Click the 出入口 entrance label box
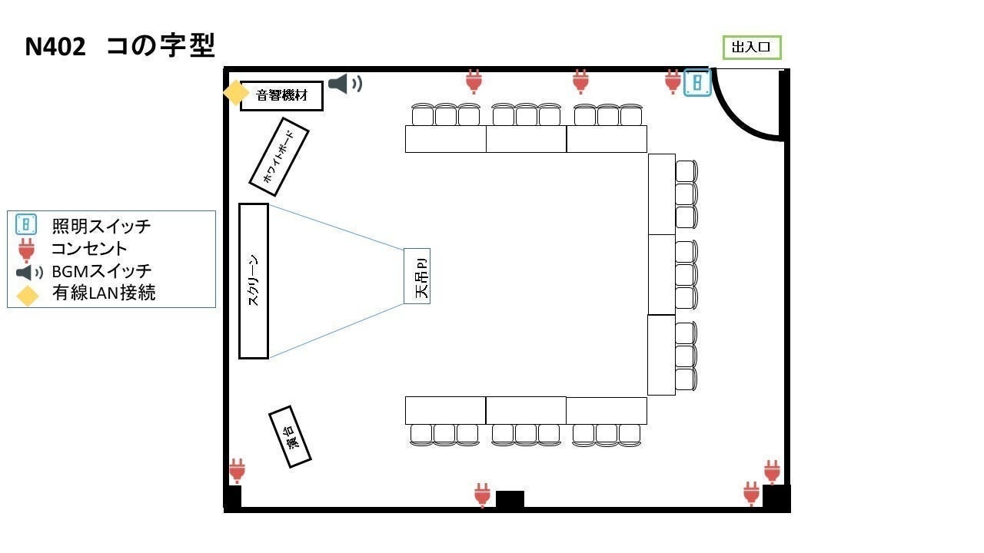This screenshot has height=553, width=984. point(752,48)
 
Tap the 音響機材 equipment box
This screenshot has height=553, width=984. point(281,96)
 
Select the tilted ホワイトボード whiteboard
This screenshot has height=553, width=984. point(279,157)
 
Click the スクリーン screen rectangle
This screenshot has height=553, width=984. point(254,281)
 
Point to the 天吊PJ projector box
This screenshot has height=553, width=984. point(417,276)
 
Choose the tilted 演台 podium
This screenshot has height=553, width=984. point(290,437)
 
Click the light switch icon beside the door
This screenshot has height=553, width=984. point(697,82)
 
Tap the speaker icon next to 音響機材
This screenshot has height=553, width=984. point(345,84)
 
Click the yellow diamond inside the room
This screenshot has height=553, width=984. point(236,93)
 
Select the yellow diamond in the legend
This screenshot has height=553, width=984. point(27,296)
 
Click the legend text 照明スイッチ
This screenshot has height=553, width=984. point(101,226)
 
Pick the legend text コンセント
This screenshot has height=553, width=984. point(89,249)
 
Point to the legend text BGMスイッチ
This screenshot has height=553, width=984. point(101,271)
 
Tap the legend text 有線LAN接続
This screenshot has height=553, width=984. point(104,293)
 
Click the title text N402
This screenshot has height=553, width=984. point(55,47)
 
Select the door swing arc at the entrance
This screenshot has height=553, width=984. point(746,105)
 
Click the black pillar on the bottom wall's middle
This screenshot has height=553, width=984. point(510,499)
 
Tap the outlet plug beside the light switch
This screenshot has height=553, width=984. point(673,81)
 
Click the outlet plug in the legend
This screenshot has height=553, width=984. point(26,250)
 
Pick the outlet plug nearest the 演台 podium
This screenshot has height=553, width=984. point(238,471)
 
